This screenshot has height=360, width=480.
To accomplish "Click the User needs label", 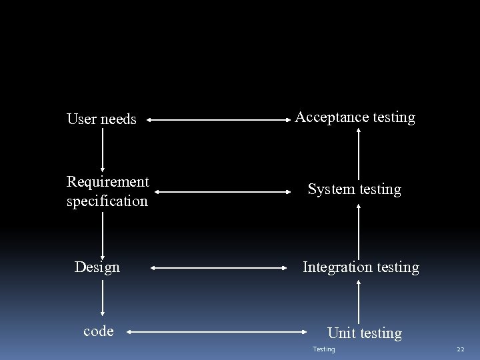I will (101, 119).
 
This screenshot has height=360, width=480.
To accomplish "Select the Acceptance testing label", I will (355, 117).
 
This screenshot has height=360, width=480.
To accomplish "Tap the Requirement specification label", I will (107, 191).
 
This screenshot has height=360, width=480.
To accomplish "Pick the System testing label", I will (354, 189).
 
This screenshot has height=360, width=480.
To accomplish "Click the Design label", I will (97, 267).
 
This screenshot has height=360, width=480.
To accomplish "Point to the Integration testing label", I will (361, 267).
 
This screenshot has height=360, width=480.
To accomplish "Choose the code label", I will (99, 331).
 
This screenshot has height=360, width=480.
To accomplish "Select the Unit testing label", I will (365, 333).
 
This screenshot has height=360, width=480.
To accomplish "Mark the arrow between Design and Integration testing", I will (218, 268).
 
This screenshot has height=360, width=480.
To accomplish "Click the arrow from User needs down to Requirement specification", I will (103, 149).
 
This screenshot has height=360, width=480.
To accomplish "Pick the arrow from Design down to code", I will (103, 297).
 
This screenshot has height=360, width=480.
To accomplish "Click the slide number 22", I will (460, 349).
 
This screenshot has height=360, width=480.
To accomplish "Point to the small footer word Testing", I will (324, 349).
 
